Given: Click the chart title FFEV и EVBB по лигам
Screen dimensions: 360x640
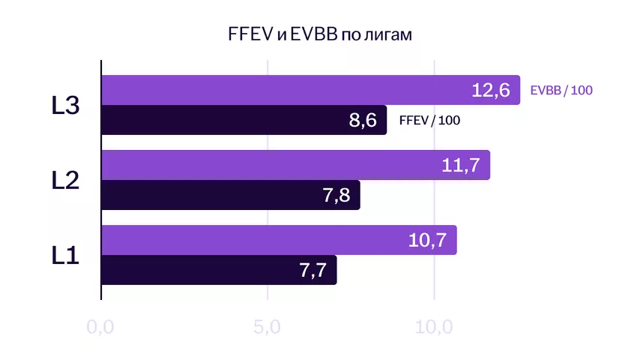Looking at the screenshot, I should pyautogui.click(x=320, y=35).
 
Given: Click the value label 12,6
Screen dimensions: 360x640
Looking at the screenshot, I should pyautogui.click(x=491, y=91).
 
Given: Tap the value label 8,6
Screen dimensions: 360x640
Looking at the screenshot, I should pyautogui.click(x=363, y=120).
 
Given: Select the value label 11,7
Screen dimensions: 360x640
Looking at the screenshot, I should pyautogui.click(x=461, y=165).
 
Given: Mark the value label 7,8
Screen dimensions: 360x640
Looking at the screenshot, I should pyautogui.click(x=336, y=195).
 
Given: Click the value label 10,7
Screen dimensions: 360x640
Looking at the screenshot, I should pyautogui.click(x=427, y=240).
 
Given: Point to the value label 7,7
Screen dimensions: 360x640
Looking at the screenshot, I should pyautogui.click(x=313, y=270).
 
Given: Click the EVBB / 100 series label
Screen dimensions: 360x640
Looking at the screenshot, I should pyautogui.click(x=561, y=91).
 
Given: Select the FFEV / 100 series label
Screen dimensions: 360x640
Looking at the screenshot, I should pyautogui.click(x=429, y=121).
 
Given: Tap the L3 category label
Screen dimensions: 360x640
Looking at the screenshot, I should pyautogui.click(x=65, y=106).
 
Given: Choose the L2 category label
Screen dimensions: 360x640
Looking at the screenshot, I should pyautogui.click(x=65, y=180).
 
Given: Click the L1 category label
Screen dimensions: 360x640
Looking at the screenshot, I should pyautogui.click(x=65, y=255).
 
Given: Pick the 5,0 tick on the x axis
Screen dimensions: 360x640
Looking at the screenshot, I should pyautogui.click(x=268, y=328).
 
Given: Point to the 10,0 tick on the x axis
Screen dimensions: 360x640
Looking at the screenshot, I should pyautogui.click(x=435, y=328).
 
